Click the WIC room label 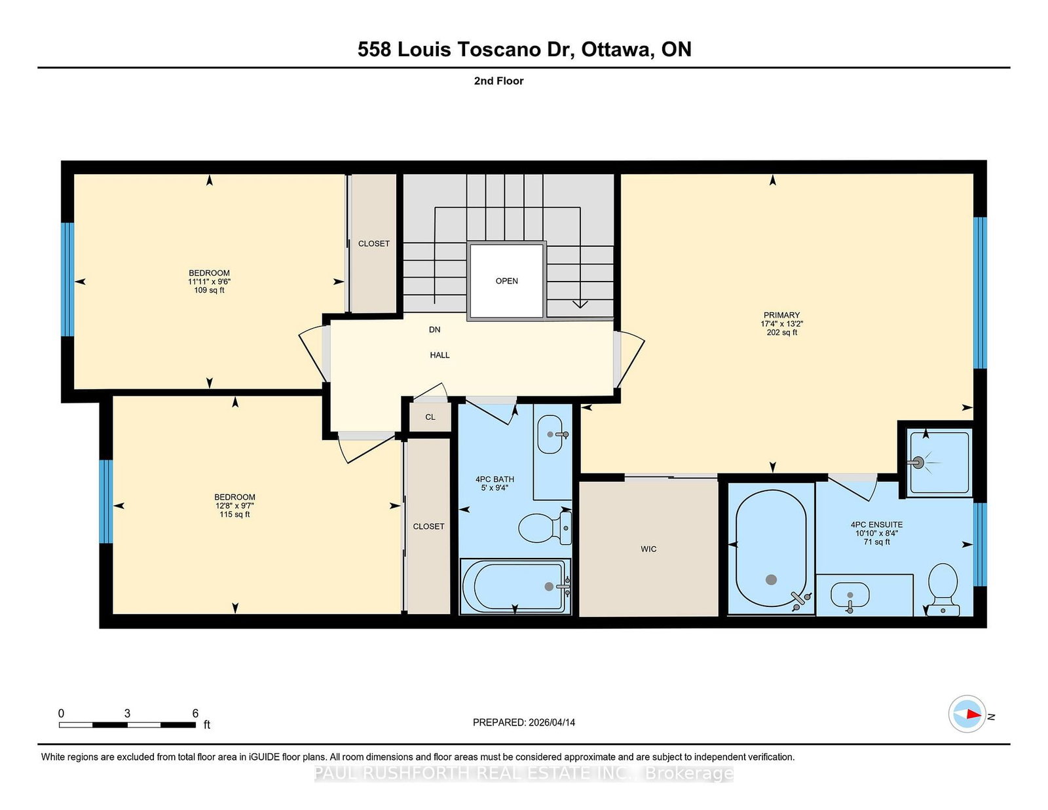point(648,549)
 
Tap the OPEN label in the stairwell point(506,281)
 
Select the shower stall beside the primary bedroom point(938,462)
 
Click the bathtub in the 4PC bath point(514,586)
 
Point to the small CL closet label point(430,417)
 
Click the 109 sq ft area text point(209,290)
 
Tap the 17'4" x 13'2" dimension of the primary point(781,323)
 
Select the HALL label point(440,355)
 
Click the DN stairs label point(434,329)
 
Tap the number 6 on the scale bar point(195,713)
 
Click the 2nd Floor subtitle point(498,81)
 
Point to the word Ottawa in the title point(614,50)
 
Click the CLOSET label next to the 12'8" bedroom point(428,526)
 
